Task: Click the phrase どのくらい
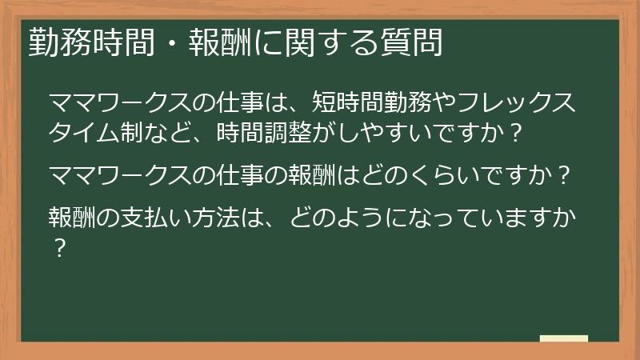(x=417, y=174)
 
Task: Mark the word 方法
(x=236, y=216)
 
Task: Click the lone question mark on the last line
(x=57, y=246)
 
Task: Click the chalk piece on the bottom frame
(x=563, y=339)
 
